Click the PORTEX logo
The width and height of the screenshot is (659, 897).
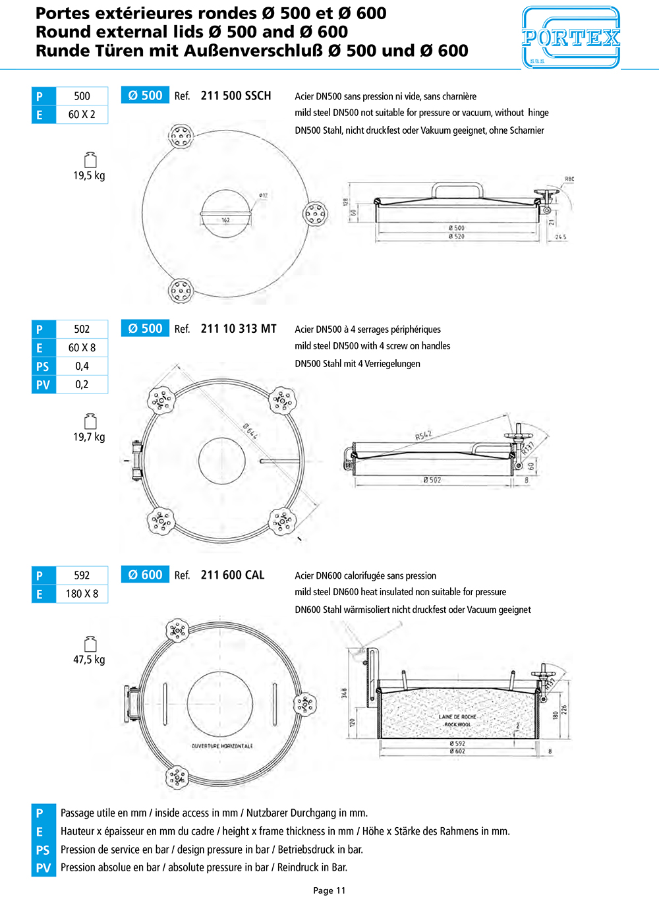click(571, 38)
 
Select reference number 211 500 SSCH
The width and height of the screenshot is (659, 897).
click(235, 96)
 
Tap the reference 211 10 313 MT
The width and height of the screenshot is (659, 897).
click(238, 329)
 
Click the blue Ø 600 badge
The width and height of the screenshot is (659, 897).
click(145, 575)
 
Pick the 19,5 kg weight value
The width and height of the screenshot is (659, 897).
click(89, 175)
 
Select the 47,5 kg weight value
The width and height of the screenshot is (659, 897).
click(89, 660)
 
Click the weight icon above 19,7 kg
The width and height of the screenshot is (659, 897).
click(90, 421)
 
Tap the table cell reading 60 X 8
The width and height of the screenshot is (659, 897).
click(82, 347)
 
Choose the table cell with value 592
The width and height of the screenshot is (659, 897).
click(82, 575)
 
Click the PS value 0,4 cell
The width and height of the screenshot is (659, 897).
click(82, 366)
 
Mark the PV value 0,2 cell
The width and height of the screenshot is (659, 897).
click(82, 384)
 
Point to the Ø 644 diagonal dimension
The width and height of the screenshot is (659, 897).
click(250, 431)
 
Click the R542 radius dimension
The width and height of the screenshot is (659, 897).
click(423, 436)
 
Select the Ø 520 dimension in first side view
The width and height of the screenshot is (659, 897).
click(456, 236)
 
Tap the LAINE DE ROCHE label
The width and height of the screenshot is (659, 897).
click(457, 716)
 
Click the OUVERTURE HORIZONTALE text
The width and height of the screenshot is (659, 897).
click(222, 746)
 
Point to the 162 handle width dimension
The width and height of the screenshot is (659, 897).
click(225, 220)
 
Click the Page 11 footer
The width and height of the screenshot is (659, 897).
click(329, 890)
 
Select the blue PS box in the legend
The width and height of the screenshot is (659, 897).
click(43, 850)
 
